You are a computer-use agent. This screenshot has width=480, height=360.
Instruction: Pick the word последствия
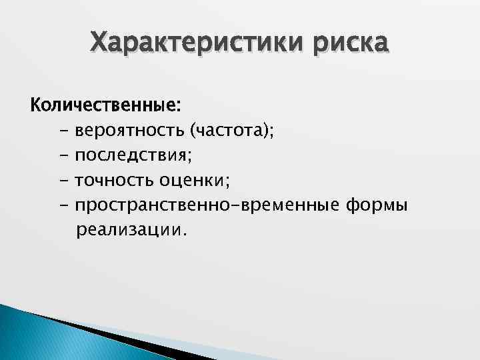click(x=131, y=155)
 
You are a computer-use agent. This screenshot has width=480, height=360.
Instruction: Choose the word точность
click(x=114, y=180)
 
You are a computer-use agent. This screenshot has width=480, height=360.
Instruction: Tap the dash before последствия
click(x=63, y=156)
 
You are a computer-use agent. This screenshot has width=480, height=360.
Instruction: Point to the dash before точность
click(x=63, y=181)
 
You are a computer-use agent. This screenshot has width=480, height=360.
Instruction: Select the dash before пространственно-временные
click(x=63, y=205)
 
